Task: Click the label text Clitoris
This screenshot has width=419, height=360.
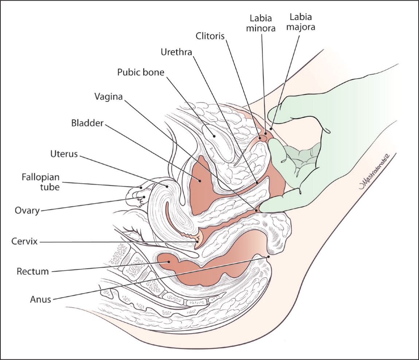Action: click(x=209, y=36)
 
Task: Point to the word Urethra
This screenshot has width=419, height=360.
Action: click(x=176, y=52)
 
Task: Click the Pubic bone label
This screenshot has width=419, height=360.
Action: click(x=141, y=72)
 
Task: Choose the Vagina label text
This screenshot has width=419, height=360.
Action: click(x=108, y=97)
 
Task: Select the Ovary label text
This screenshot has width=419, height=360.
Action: click(x=27, y=210)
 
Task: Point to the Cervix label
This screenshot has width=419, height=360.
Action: click(x=24, y=241)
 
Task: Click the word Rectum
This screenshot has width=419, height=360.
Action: click(x=32, y=271)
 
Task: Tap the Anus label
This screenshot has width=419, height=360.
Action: click(x=40, y=300)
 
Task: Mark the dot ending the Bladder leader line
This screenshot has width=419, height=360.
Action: click(x=200, y=180)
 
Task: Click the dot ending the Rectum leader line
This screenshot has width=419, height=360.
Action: click(x=169, y=261)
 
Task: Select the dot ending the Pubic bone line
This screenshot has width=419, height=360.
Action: click(x=215, y=135)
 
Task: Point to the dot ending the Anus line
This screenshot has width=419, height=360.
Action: click(x=269, y=257)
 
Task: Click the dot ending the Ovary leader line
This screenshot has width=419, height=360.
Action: click(x=144, y=197)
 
